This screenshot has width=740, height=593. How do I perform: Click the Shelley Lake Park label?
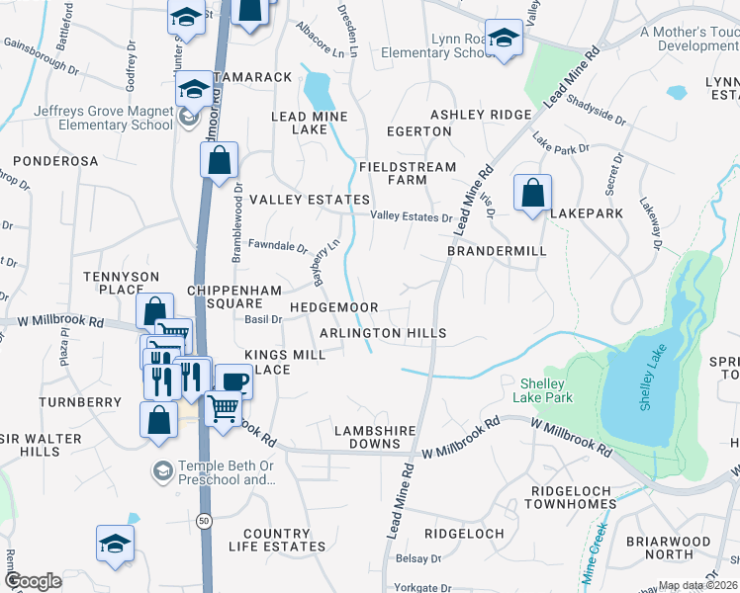tap(543, 390)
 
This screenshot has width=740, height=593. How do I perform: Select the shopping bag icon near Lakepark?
tap(532, 193)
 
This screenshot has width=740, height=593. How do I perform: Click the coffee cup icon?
tap(233, 381)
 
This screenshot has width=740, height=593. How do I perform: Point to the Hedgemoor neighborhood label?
tap(333, 308)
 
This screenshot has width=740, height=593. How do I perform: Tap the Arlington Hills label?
tap(383, 334)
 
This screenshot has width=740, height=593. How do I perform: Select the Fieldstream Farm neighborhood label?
tap(408, 174)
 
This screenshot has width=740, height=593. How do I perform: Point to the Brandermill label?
tap(497, 251)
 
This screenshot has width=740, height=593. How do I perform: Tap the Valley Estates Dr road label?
tap(411, 217)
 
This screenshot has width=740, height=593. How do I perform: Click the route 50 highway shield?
tap(204, 519)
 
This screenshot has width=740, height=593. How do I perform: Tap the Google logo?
tap(33, 581)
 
